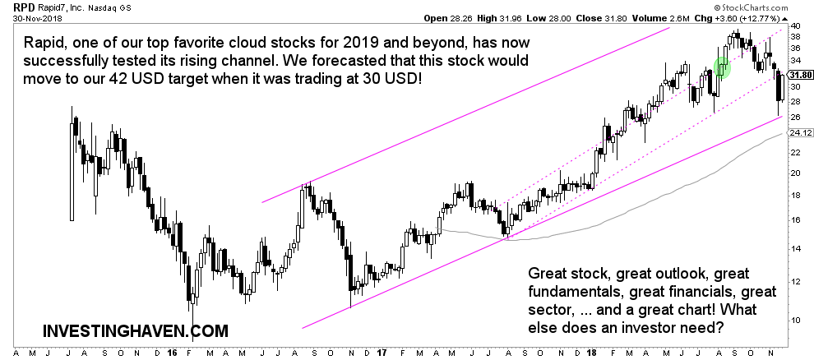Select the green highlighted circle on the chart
point(723,67)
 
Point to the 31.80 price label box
point(800,75)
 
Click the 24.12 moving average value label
point(800,132)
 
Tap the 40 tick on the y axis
point(794,25)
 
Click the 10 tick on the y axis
point(794,320)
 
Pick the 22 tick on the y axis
point(794,152)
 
